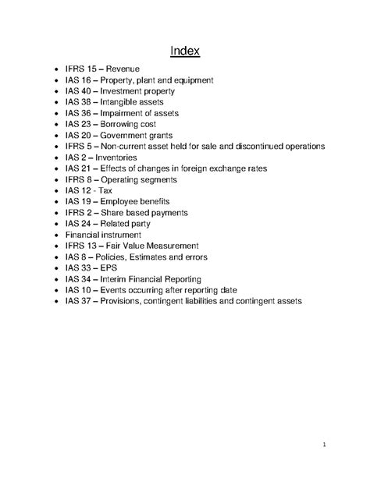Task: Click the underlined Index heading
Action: tap(185, 52)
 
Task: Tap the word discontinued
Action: tap(255, 146)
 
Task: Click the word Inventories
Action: tap(123, 157)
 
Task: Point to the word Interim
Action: tap(126, 277)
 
